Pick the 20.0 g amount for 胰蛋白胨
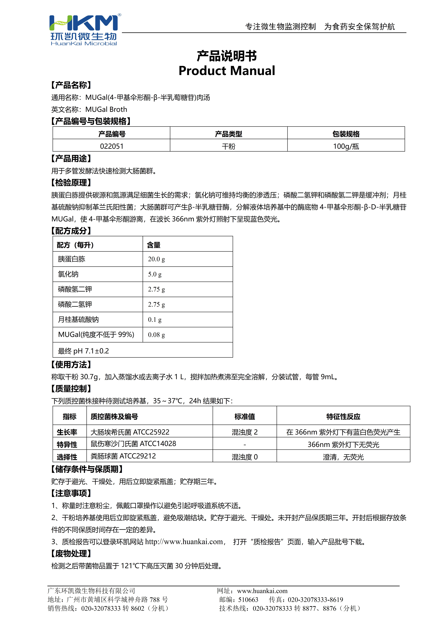pos(156,259)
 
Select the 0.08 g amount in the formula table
pos(156,335)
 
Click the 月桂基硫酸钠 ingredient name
pos(78,319)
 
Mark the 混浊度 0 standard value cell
pos(245,457)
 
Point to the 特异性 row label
pos(67,445)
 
